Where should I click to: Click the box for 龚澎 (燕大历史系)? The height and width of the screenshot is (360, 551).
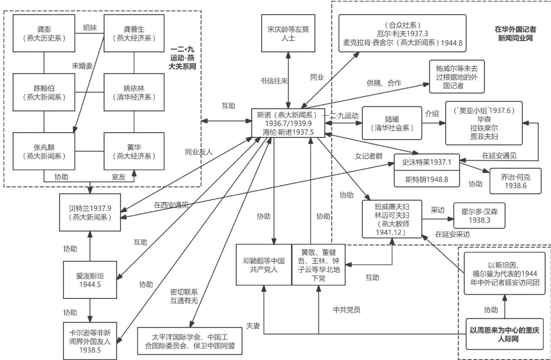coord(44,33)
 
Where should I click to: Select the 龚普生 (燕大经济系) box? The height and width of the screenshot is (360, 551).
coord(134,33)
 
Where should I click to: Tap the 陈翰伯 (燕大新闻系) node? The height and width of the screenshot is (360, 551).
coord(44,93)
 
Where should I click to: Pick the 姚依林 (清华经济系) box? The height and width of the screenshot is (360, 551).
coord(134,93)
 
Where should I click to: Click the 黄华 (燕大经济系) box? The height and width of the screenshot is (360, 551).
coord(134,151)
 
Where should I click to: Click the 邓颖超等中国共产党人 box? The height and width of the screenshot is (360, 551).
coord(264,264)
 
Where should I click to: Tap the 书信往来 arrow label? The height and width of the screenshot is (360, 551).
coord(274,80)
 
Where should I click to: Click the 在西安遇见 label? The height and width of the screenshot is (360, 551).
coord(171,205)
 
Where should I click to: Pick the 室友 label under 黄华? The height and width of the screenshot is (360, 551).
coord(120,177)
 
